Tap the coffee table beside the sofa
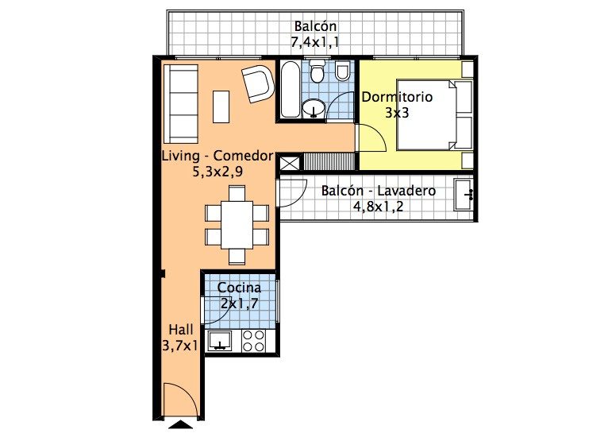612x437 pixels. (221, 106)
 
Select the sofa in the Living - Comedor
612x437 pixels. (181, 104)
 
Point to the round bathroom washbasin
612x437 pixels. (314, 108)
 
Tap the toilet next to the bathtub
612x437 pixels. (317, 71)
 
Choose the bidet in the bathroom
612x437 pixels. (343, 71)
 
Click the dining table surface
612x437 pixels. (237, 225)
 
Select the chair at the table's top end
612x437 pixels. (237, 193)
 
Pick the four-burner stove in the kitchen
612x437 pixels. (254, 341)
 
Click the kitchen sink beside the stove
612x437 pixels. (220, 341)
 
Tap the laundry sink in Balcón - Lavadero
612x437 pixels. (464, 195)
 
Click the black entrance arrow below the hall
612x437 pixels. (180, 425)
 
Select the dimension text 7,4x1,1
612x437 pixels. (314, 41)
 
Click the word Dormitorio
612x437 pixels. (397, 97)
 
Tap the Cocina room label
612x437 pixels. (239, 288)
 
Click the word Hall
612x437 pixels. (181, 330)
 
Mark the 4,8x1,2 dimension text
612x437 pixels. (378, 207)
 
